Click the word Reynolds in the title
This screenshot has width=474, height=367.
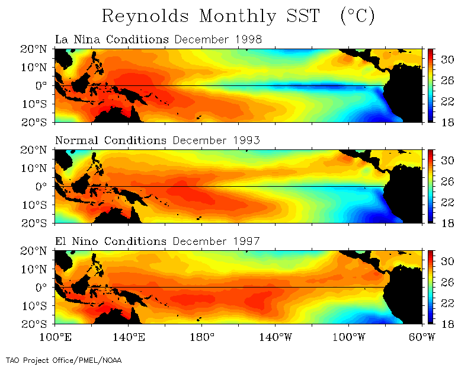145,16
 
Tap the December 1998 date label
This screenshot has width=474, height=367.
217,40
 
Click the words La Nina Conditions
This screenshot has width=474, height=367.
111,40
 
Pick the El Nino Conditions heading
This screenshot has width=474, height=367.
110,241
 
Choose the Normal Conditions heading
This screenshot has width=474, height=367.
111,141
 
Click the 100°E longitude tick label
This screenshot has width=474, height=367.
55,338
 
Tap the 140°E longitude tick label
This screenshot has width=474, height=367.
128,338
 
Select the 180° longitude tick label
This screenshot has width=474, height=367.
201,338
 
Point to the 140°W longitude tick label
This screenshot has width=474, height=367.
275,338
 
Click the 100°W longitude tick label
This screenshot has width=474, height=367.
348,338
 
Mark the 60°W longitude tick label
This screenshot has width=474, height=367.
421,338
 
